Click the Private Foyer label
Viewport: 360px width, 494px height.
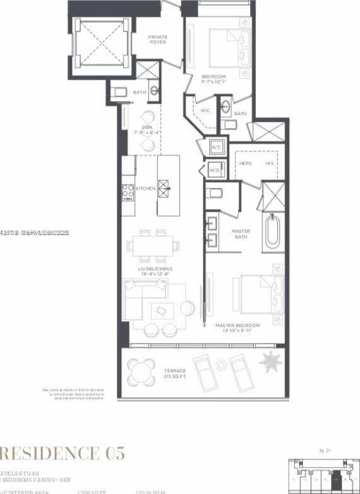pyautogui.click(x=158, y=40)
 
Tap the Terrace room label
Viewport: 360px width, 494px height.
pyautogui.click(x=176, y=373)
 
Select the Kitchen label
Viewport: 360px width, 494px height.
pyautogui.click(x=145, y=189)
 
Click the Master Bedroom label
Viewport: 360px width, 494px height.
pyautogui.click(x=237, y=326)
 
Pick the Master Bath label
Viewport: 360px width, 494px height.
pyautogui.click(x=241, y=234)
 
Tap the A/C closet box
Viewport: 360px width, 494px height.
pyautogui.click(x=217, y=147)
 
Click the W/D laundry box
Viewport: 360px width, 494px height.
pyautogui.click(x=214, y=170)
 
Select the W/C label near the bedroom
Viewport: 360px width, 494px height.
pyautogui.click(x=205, y=111)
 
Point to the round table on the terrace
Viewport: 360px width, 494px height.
pyautogui.click(x=141, y=373)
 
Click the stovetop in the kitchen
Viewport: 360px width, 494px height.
pyautogui.click(x=128, y=190)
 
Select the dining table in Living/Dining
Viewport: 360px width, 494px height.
pyautogui.click(x=153, y=246)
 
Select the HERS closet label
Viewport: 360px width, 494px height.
pyautogui.click(x=246, y=163)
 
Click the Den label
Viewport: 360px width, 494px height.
pyautogui.click(x=146, y=129)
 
